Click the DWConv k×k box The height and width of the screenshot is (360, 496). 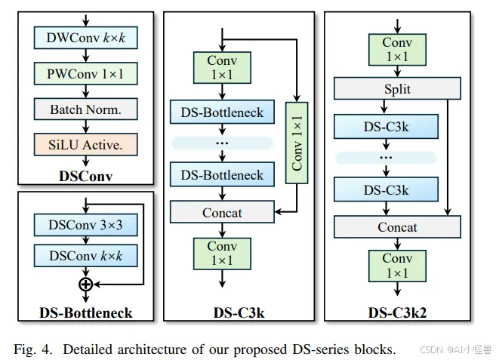[86, 38]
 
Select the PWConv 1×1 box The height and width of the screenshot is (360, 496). [86, 73]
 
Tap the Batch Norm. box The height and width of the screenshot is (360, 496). [86, 109]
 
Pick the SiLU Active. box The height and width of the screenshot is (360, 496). [86, 145]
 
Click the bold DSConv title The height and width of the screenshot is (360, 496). [86, 176]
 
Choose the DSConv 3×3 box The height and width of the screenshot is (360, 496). [86, 225]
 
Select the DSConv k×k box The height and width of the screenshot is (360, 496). [86, 255]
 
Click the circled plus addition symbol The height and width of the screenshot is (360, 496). [86, 285]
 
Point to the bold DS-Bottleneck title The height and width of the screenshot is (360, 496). [86, 312]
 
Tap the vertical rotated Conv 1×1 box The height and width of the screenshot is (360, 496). [297, 143]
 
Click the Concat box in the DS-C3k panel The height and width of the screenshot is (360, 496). [222, 212]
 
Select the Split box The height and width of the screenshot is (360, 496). [397, 88]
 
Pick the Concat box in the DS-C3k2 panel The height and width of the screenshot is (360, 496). [397, 227]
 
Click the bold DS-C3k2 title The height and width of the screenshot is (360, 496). [397, 312]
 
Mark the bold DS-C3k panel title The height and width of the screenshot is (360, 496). [239, 312]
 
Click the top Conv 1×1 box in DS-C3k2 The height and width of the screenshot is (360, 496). [397, 50]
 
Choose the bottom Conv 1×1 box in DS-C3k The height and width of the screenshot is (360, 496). [222, 254]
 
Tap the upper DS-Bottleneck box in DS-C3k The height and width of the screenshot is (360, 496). [222, 112]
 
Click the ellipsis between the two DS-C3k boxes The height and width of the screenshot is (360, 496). [386, 157]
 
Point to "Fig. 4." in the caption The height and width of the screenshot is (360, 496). [32, 349]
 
